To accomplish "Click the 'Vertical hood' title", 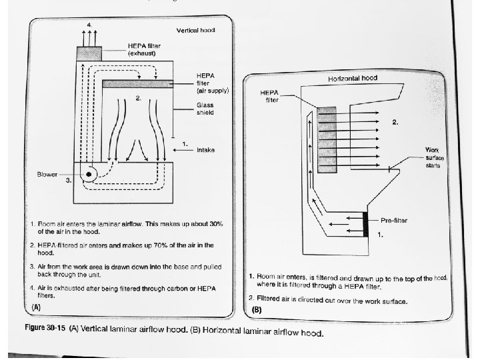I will click(x=195, y=31).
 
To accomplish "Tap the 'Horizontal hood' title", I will click(x=352, y=78).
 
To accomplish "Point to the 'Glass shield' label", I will click(x=205, y=109).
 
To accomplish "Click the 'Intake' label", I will click(x=205, y=150).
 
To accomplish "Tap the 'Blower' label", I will click(x=48, y=175).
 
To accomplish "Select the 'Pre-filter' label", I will click(x=394, y=219).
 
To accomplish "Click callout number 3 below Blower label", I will click(x=69, y=181).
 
